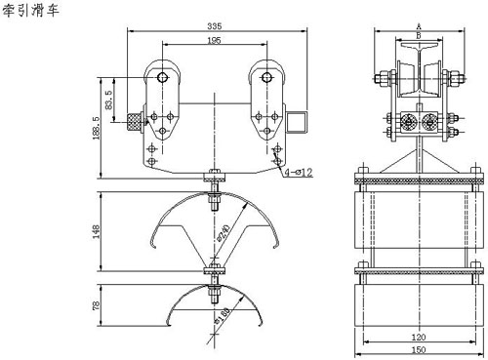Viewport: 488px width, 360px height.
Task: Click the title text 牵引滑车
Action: (x=30, y=10)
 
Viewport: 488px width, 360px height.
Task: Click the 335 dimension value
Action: (x=215, y=26)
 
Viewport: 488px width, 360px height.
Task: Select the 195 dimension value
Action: (x=214, y=40)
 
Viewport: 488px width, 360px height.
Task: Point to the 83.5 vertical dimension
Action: (x=109, y=100)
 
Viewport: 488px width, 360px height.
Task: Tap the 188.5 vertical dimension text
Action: (x=97, y=128)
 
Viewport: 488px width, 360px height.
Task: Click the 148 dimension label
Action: (x=97, y=231)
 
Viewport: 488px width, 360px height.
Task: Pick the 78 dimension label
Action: (x=97, y=305)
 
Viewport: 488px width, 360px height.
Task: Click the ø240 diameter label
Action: (x=224, y=233)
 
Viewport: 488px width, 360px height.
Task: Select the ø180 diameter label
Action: (x=223, y=315)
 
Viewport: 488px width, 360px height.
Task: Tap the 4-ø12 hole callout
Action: (x=299, y=173)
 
